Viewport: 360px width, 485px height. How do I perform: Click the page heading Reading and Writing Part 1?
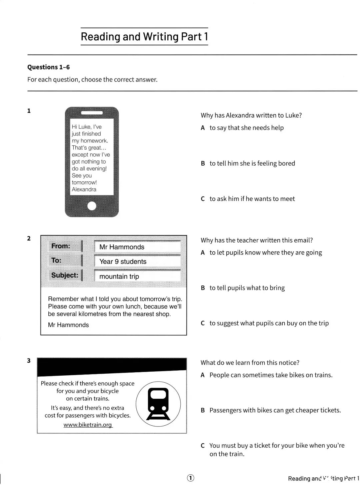click(x=144, y=36)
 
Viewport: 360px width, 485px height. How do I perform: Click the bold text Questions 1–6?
click(x=49, y=67)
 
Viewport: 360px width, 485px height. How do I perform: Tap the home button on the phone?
click(x=92, y=206)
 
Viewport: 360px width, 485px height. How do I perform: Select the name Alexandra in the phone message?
click(x=84, y=189)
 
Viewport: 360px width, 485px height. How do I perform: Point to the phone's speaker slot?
click(x=92, y=113)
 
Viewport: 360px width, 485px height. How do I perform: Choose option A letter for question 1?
click(x=203, y=128)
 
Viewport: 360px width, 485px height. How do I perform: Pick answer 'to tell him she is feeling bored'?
click(x=252, y=163)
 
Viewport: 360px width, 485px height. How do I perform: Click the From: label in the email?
click(x=61, y=246)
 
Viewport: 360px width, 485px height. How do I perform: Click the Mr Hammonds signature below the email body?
click(x=68, y=325)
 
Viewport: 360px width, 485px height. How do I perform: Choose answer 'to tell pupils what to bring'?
click(x=247, y=288)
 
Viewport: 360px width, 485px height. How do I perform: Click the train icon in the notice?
click(x=158, y=404)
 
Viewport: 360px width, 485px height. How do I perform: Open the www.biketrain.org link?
click(x=88, y=425)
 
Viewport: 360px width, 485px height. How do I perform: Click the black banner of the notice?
click(x=112, y=366)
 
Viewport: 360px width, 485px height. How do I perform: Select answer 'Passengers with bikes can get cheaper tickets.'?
click(x=275, y=410)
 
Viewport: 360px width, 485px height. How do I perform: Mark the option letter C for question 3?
click(x=203, y=446)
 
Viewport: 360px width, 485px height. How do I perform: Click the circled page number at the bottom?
click(x=190, y=478)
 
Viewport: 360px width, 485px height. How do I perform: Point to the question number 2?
click(x=29, y=238)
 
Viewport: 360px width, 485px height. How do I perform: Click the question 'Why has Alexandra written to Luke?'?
click(x=251, y=115)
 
